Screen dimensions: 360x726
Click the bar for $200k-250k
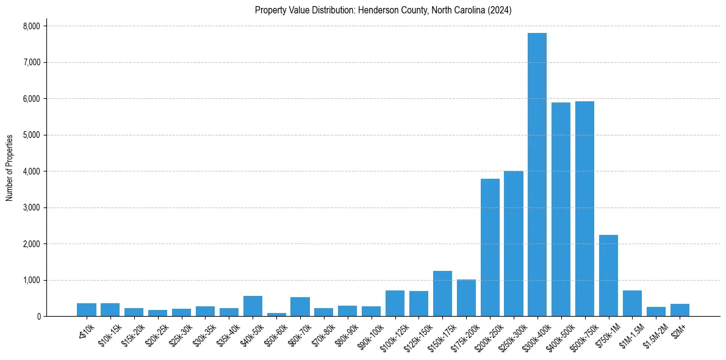490,248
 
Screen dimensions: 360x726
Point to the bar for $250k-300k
514,244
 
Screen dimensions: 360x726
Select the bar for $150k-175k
442,293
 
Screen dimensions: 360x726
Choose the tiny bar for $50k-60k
276,314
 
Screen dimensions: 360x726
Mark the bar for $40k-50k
253,306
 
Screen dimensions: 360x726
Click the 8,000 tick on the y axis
31,26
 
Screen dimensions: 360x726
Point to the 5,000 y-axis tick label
31,135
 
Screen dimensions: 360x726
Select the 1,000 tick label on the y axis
31,280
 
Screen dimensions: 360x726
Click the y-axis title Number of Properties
10,168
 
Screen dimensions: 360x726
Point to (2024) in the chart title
500,10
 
